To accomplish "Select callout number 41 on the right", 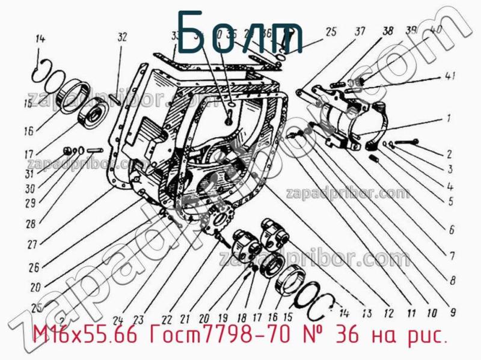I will click(450, 76).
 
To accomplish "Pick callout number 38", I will click(387, 31).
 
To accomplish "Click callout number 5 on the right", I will click(450, 202).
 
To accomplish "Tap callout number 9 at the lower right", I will click(452, 312).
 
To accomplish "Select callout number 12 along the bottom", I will click(388, 312).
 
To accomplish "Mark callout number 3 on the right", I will click(450, 170).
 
